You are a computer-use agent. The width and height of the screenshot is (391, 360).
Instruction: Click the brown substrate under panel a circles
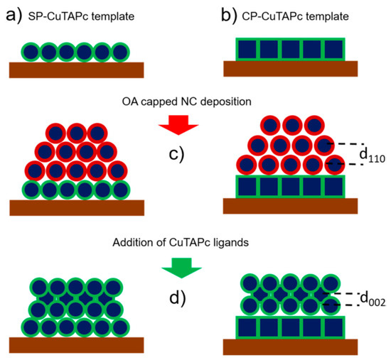[77, 70]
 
